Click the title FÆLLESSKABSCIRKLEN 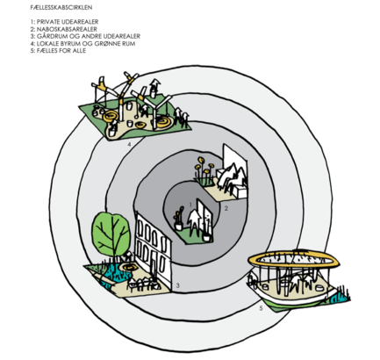(61, 7)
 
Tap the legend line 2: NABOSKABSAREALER (64, 29)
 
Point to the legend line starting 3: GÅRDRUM (85, 36)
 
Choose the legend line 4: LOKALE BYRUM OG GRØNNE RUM (82, 44)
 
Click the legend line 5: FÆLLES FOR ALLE (58, 51)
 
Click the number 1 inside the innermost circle (190, 205)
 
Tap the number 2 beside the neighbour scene (226, 208)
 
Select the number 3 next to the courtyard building (177, 285)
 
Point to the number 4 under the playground (129, 144)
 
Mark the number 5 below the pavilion (261, 308)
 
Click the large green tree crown (111, 234)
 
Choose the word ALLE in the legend (79, 51)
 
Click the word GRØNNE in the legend (106, 44)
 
